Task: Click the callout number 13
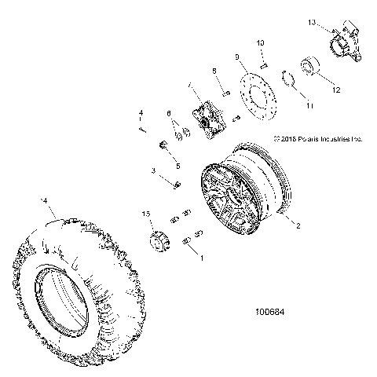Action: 312,24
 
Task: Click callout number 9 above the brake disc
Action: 236,57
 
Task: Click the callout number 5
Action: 178,167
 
